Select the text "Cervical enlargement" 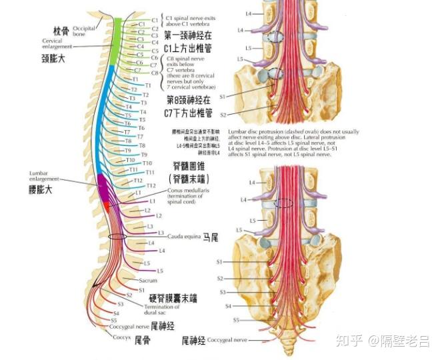(56, 45)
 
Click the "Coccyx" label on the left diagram (121, 337)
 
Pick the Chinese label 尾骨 (142, 339)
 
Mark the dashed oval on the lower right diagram (286, 203)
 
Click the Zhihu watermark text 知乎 (348, 342)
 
